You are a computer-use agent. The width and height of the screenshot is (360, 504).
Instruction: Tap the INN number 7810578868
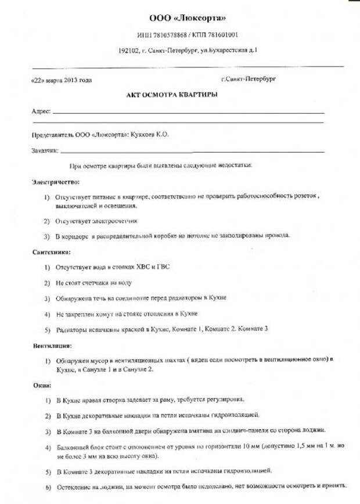(x=172, y=35)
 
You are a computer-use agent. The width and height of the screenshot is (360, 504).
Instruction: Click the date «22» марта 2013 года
(x=61, y=80)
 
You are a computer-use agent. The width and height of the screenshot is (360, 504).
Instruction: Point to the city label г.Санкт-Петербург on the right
(x=249, y=78)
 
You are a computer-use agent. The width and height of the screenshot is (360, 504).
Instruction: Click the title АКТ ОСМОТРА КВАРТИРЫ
(x=172, y=95)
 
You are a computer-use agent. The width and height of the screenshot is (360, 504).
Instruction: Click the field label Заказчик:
(x=45, y=151)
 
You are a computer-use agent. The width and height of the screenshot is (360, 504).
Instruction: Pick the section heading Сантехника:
(x=52, y=252)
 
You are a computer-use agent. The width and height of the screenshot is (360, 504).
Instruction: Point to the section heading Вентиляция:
(x=52, y=345)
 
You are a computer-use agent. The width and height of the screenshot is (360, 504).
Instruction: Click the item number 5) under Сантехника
(x=47, y=329)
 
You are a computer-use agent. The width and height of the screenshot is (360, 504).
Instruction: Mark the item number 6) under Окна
(x=48, y=485)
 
